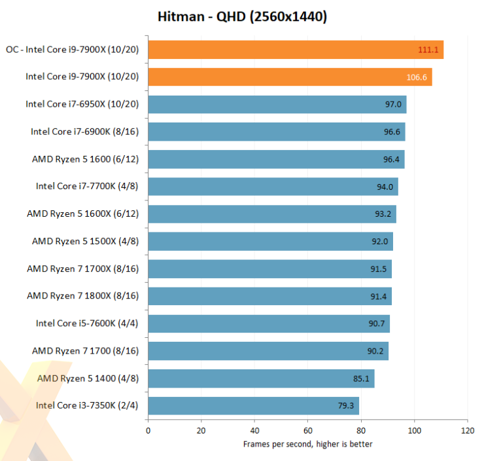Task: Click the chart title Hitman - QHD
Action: (242, 16)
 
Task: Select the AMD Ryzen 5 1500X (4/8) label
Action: (85, 241)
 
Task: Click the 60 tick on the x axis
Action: (308, 431)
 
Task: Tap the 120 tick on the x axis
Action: (467, 431)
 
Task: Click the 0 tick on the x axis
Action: (148, 431)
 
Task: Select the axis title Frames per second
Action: (307, 444)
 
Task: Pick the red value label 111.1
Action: (428, 50)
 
